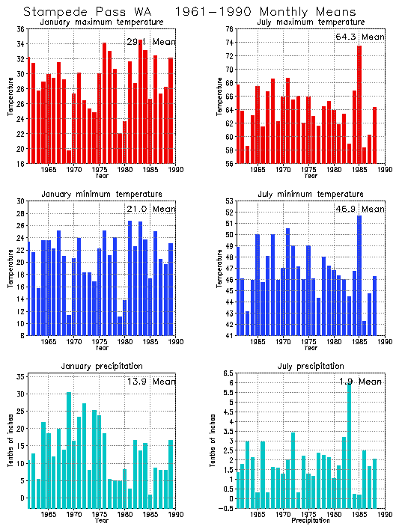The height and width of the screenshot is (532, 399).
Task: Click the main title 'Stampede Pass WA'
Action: (88, 11)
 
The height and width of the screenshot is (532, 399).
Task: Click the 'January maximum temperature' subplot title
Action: (101, 22)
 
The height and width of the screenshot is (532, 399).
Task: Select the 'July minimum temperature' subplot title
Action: (308, 194)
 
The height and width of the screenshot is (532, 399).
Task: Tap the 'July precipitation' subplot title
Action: (308, 366)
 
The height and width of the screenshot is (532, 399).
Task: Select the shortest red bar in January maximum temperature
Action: (70, 156)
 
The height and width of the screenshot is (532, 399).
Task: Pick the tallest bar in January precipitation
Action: (69, 450)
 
